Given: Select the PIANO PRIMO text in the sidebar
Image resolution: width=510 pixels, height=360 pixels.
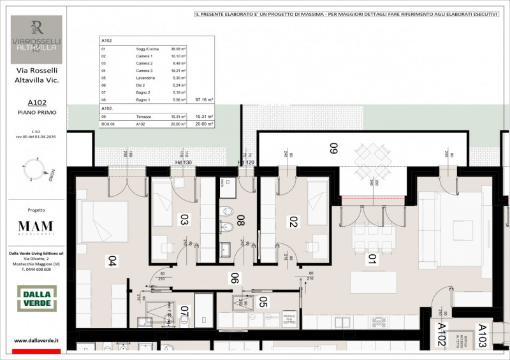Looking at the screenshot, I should click(36, 112).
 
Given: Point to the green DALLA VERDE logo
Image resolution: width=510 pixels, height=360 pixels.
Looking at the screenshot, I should click(36, 299).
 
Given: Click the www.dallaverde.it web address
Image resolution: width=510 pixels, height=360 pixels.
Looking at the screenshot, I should click(36, 341).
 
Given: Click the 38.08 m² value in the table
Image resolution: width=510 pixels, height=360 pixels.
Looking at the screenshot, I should click(178, 48).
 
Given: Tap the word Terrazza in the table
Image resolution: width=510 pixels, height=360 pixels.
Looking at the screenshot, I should click(143, 117).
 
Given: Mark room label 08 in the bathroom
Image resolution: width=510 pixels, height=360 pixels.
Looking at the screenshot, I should click(241, 220).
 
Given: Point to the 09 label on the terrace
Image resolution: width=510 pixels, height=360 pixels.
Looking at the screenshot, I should click(333, 150).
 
